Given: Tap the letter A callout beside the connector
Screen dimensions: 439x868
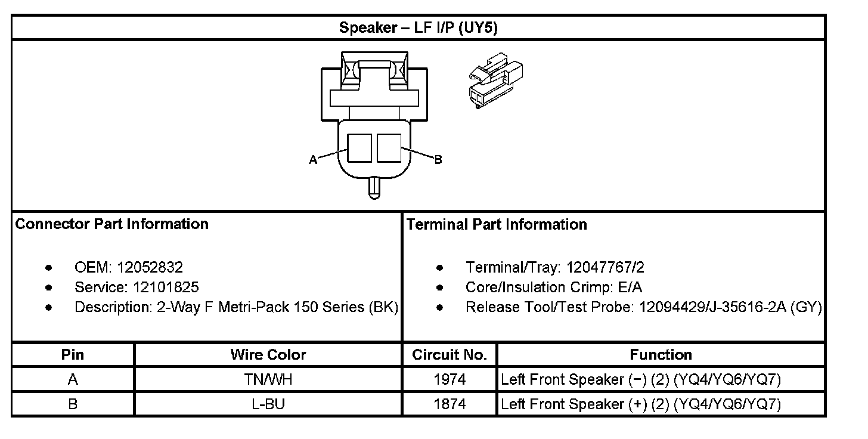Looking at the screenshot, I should tap(312, 160).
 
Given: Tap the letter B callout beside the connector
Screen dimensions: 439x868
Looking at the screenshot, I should tap(438, 160).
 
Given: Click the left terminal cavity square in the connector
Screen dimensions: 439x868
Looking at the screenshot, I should tap(359, 147).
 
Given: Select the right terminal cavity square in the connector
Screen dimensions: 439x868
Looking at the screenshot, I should tap(389, 147).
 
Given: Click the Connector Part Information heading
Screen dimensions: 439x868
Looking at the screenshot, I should tap(112, 224).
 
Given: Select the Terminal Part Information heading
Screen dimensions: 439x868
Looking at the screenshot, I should tap(497, 225).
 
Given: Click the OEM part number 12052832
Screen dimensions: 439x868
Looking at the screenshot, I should tap(150, 267).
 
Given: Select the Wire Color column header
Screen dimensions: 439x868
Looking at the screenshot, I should tap(268, 355).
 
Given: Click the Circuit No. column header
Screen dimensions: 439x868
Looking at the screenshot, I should tap(449, 355).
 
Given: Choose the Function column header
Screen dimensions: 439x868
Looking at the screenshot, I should tap(661, 355).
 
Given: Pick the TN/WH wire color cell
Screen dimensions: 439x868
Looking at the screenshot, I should tap(268, 379).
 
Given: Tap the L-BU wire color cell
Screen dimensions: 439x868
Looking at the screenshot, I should tap(268, 404).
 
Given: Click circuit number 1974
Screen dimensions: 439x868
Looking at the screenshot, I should tap(449, 379).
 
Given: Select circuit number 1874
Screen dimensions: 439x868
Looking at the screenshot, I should tap(449, 404).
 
